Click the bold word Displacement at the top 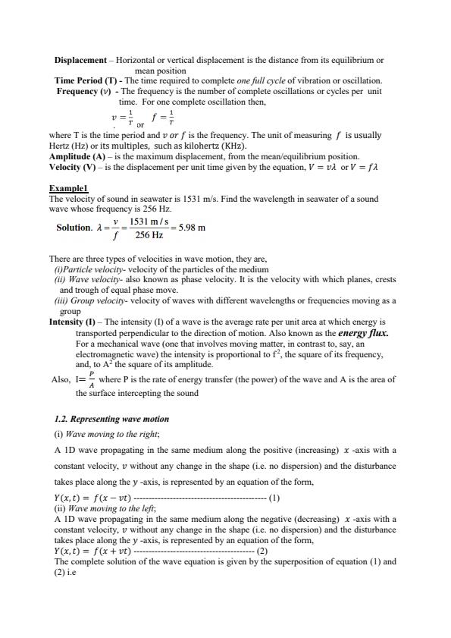(80, 60)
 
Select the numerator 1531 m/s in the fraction (149, 221)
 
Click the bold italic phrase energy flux (362, 332)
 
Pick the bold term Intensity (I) (74, 322)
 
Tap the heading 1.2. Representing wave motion (112, 419)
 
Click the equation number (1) (274, 498)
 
